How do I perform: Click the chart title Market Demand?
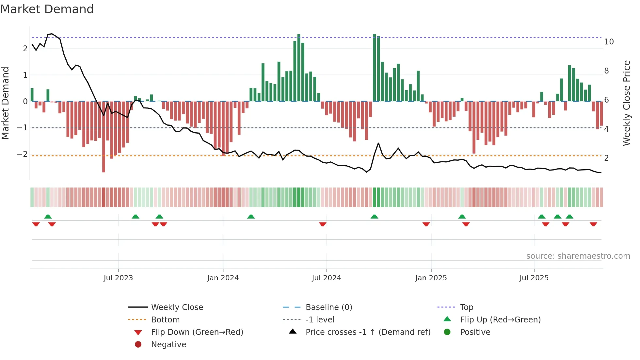click(x=47, y=9)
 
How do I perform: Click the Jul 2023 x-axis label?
click(x=118, y=278)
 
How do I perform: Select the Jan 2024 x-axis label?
click(x=223, y=278)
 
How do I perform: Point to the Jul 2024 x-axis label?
click(x=326, y=278)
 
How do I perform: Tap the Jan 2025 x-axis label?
click(x=431, y=278)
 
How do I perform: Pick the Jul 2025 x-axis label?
click(x=534, y=278)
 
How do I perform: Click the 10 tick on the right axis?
click(x=609, y=42)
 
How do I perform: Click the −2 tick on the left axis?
click(x=22, y=154)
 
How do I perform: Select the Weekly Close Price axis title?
click(x=626, y=103)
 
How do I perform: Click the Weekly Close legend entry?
click(x=177, y=307)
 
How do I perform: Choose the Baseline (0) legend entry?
click(x=329, y=307)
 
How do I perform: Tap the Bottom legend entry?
click(x=165, y=320)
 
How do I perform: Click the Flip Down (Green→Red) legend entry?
click(x=197, y=332)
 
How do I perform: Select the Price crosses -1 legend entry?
click(x=368, y=332)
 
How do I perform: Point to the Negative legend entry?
click(x=168, y=345)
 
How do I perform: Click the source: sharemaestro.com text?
click(x=578, y=256)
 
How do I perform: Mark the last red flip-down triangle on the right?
click(x=593, y=224)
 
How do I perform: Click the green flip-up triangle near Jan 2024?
click(x=251, y=217)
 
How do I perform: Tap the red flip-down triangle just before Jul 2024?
click(x=323, y=224)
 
